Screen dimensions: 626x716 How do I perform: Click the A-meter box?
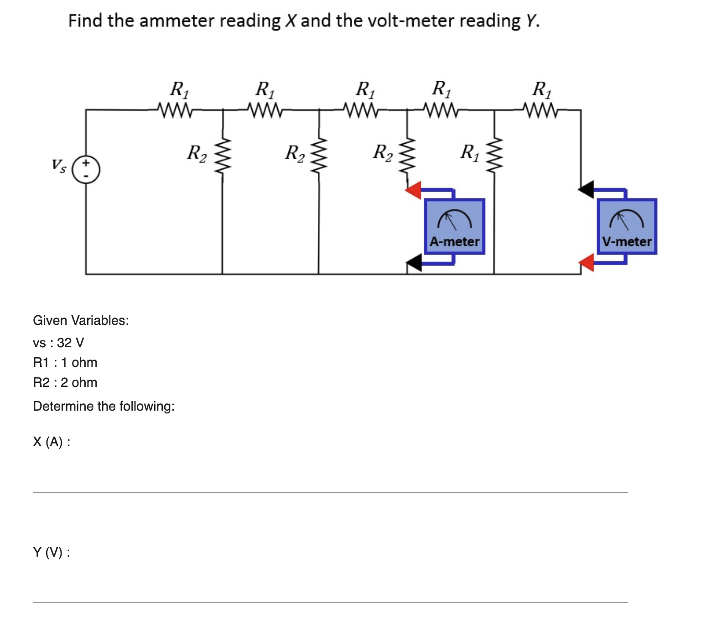454,226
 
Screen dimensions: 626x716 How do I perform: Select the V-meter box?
627,226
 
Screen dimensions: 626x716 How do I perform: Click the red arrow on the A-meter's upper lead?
414,189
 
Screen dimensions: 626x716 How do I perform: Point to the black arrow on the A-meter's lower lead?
414,263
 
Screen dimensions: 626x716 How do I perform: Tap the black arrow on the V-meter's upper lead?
586,189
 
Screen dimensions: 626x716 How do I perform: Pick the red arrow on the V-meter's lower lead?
586,263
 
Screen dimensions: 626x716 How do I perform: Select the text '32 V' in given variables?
70,343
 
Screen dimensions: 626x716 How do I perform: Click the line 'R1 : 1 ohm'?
65,362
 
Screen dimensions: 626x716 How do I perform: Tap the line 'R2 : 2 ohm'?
65,382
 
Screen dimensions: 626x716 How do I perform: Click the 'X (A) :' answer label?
52,442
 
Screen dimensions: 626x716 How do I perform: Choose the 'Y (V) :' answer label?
52,552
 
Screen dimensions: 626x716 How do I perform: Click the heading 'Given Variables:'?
81,320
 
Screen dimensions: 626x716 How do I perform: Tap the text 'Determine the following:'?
104,406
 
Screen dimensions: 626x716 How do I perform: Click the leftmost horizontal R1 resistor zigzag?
175,110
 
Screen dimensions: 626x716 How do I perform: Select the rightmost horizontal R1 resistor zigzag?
541,110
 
